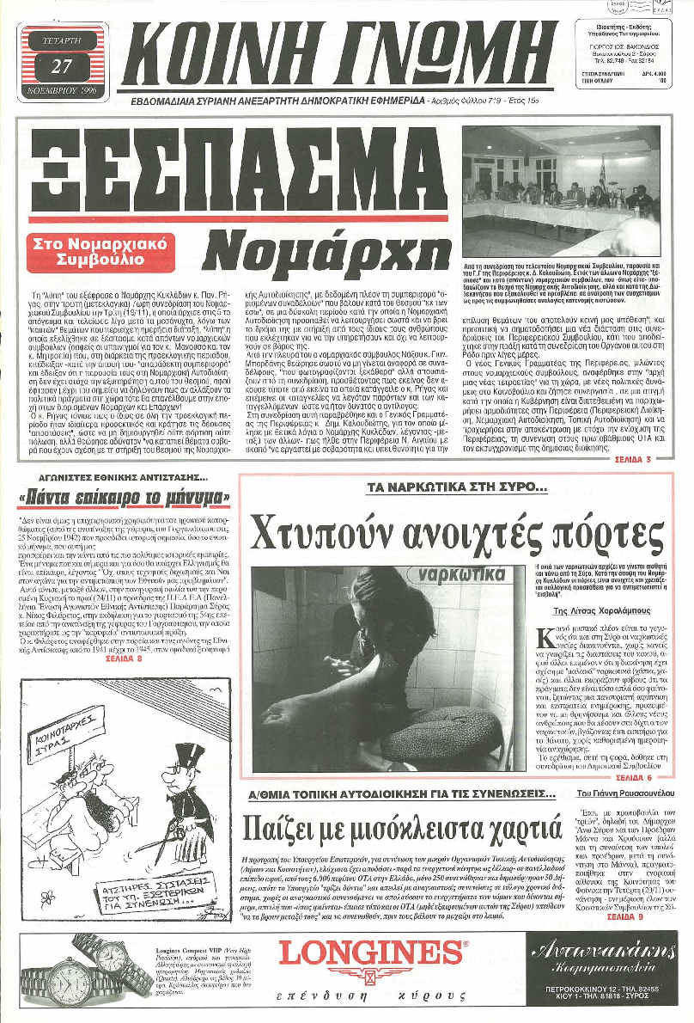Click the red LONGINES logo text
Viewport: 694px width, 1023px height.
click(x=371, y=955)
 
